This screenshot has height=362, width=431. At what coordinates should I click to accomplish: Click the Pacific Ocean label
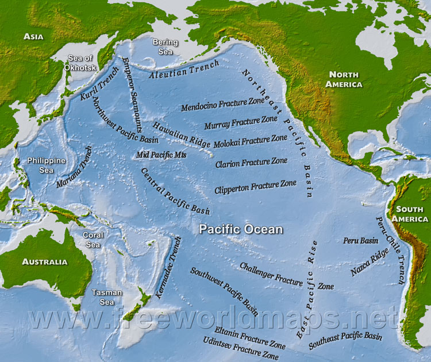tap(241, 229)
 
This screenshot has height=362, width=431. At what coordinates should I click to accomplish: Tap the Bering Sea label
tap(165, 47)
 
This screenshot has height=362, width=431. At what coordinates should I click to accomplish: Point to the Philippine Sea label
tap(46, 165)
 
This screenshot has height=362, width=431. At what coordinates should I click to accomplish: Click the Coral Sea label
tap(93, 239)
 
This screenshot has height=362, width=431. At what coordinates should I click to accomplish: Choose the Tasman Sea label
tap(107, 296)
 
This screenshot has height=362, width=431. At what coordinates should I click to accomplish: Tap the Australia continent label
tap(45, 261)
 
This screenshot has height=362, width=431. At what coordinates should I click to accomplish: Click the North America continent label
tap(344, 79)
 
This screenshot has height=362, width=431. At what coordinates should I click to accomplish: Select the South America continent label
tap(410, 213)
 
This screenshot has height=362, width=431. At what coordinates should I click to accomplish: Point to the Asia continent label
tap(34, 37)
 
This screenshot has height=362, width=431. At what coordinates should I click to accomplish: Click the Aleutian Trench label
tap(184, 69)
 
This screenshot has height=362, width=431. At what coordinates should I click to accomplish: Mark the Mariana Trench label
tap(74, 167)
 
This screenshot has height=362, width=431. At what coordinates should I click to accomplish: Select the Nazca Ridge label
tap(370, 262)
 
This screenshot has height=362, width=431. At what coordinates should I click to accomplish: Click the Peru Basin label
tap(360, 241)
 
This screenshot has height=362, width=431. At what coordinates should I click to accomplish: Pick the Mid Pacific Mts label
tap(161, 155)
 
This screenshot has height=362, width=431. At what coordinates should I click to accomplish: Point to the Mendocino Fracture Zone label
tap(222, 104)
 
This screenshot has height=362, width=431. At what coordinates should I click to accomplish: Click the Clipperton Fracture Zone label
tap(255, 187)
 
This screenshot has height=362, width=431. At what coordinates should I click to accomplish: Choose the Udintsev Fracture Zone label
tap(241, 349)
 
